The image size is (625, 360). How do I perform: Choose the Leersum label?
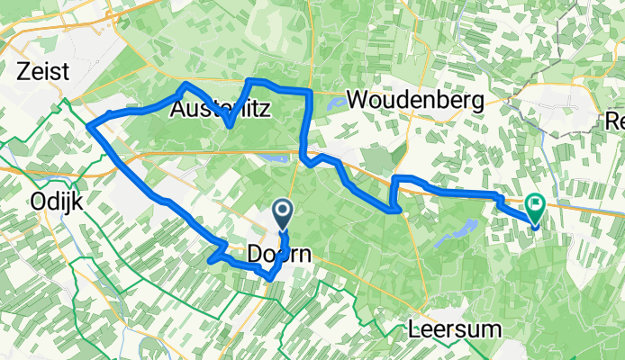tap(453, 328)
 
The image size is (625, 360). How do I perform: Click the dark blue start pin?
tap(283, 213)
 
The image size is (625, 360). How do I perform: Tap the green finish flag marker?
tap(536, 206)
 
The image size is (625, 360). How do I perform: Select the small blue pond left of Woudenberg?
tap(331, 103)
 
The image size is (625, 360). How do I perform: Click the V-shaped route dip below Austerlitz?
tap(231, 126)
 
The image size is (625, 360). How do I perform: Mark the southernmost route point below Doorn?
tap(269, 279)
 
